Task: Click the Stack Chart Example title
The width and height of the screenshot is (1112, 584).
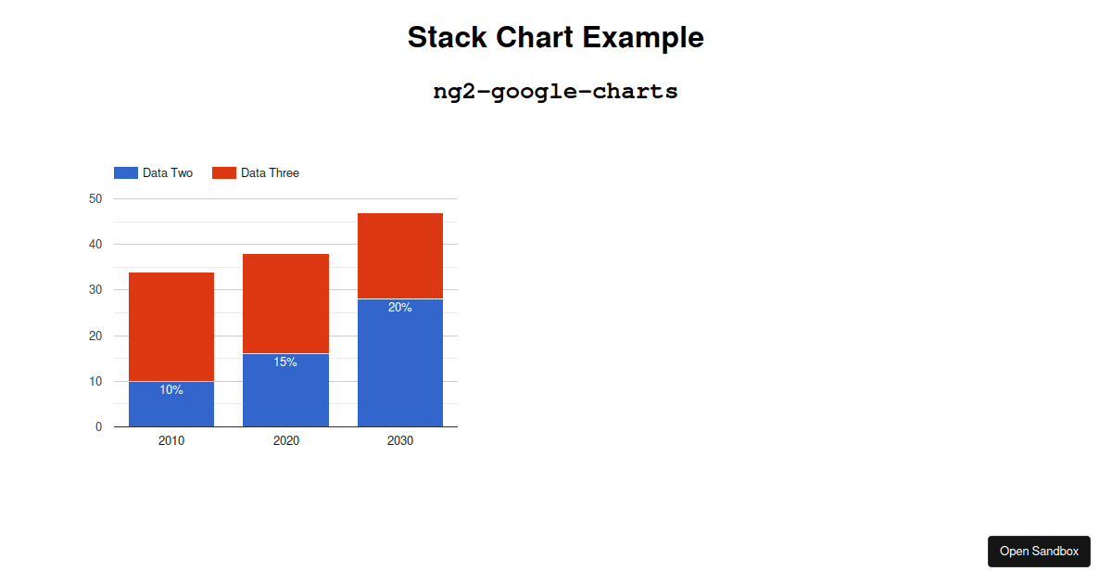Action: coord(555,37)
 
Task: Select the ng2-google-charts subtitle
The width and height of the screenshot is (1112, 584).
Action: coord(555,92)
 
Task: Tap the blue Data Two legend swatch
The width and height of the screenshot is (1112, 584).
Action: coord(126,172)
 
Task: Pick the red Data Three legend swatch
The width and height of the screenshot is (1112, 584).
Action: coord(224,172)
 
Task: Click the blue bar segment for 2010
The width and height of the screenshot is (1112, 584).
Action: coord(171,404)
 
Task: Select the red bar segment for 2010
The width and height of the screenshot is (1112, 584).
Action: coord(171,326)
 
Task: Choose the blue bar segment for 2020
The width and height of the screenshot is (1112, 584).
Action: coord(286,390)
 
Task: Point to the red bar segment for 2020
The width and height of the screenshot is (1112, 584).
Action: coord(286,304)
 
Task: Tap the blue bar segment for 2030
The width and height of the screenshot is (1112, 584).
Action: coord(400,362)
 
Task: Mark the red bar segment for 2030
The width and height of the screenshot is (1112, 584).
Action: coord(400,256)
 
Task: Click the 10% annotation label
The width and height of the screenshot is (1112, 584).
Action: coord(171,390)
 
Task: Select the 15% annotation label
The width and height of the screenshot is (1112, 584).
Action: coord(285,362)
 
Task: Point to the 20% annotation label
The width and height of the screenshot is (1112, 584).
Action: coord(400,308)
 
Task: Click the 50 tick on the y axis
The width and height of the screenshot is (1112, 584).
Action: coord(95,198)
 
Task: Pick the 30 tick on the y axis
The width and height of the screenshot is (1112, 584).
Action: coord(95,289)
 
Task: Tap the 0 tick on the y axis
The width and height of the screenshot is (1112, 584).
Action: coord(99,426)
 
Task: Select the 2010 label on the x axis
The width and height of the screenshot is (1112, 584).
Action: coord(171,440)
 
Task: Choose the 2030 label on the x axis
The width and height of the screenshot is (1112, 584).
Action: coord(400,440)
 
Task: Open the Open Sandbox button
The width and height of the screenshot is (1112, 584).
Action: coord(1039,552)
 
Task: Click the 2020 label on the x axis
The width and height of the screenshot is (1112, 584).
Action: coord(286,440)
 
